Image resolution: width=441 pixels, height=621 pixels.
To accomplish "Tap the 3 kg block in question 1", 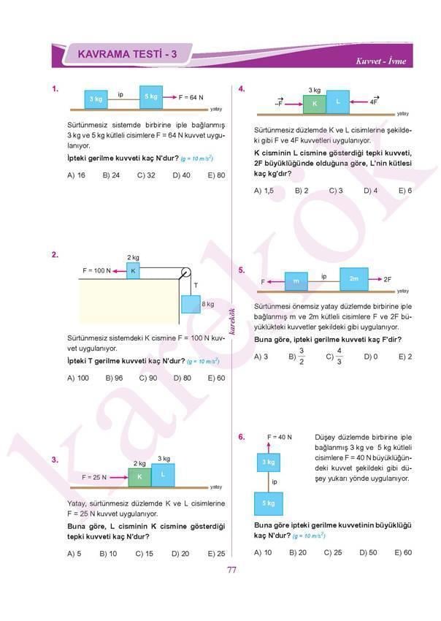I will click(x=96, y=98).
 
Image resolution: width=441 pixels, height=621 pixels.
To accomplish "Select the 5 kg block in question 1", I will click(x=151, y=96).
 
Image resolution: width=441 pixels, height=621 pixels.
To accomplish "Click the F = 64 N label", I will click(x=191, y=97).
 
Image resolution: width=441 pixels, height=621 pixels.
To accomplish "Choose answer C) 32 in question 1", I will click(x=147, y=175).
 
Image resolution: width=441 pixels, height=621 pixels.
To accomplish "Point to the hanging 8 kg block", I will click(x=191, y=304).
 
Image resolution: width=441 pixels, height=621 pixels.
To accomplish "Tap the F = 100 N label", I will click(x=96, y=271).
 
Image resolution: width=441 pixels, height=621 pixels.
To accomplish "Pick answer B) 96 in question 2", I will click(x=114, y=378).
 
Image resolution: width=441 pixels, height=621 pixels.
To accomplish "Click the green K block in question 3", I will click(x=139, y=476).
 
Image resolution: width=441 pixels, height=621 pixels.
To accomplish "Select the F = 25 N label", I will click(x=94, y=477).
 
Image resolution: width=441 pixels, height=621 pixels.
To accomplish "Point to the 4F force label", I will click(x=374, y=102).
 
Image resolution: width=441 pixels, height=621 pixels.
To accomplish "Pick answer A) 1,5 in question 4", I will click(x=264, y=190).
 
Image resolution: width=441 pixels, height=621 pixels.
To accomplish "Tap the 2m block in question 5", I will click(x=354, y=279).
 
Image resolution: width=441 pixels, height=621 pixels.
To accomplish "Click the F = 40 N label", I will click(x=280, y=437).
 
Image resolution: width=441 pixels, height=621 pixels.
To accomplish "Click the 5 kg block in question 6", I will click(x=269, y=503).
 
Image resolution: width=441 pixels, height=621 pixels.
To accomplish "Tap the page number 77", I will click(x=232, y=571).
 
